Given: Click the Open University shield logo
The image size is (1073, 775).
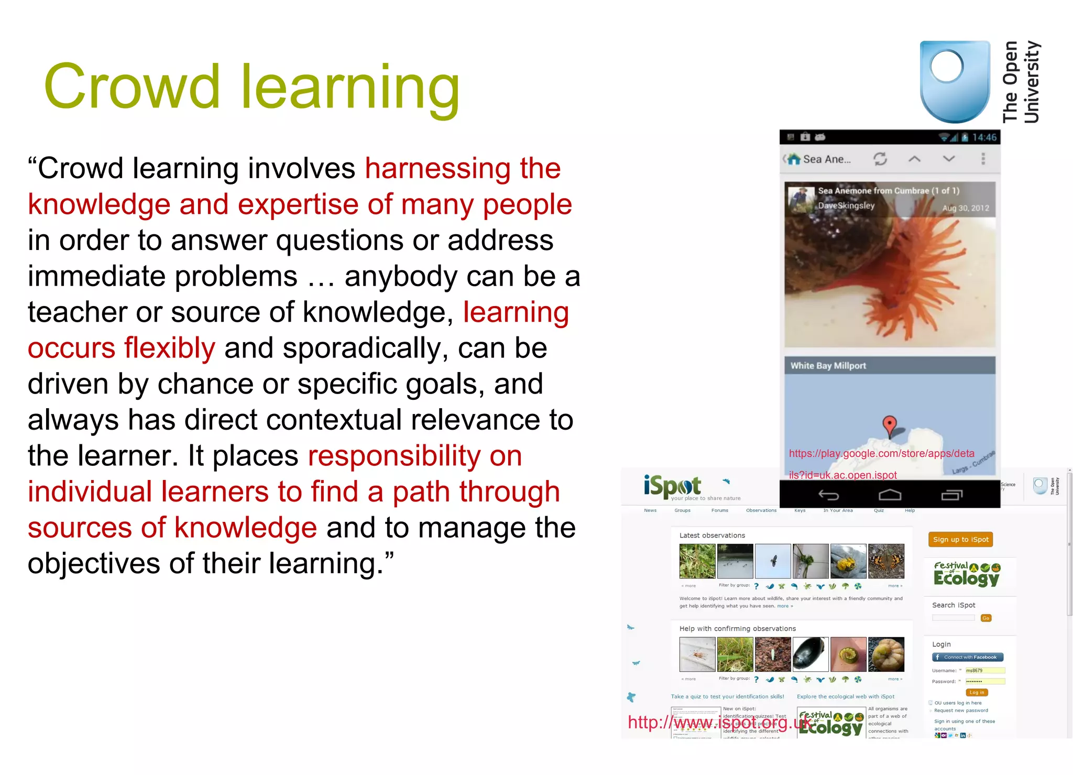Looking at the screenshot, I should click(955, 81).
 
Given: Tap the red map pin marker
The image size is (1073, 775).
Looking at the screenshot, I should click(889, 424).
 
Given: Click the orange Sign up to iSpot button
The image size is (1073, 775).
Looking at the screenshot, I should click(960, 539).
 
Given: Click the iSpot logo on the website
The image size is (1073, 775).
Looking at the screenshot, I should click(672, 486).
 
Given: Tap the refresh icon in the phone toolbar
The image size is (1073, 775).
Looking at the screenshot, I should click(880, 159).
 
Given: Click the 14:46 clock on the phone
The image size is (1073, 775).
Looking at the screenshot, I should click(984, 137).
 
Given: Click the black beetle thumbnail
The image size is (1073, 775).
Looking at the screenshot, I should click(811, 654).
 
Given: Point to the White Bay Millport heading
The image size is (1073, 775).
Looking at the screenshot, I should click(828, 366).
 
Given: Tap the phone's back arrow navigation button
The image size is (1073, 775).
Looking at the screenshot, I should click(828, 495).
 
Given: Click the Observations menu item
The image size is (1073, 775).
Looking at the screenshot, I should click(761, 510).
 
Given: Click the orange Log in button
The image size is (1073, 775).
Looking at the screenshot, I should click(976, 692).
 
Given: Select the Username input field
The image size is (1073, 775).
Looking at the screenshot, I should click(985, 671).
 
